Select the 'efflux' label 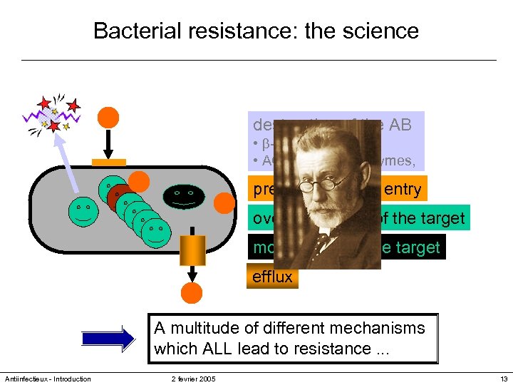pyautogui.click(x=272, y=277)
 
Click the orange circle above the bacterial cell pyautogui.click(x=108, y=118)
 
